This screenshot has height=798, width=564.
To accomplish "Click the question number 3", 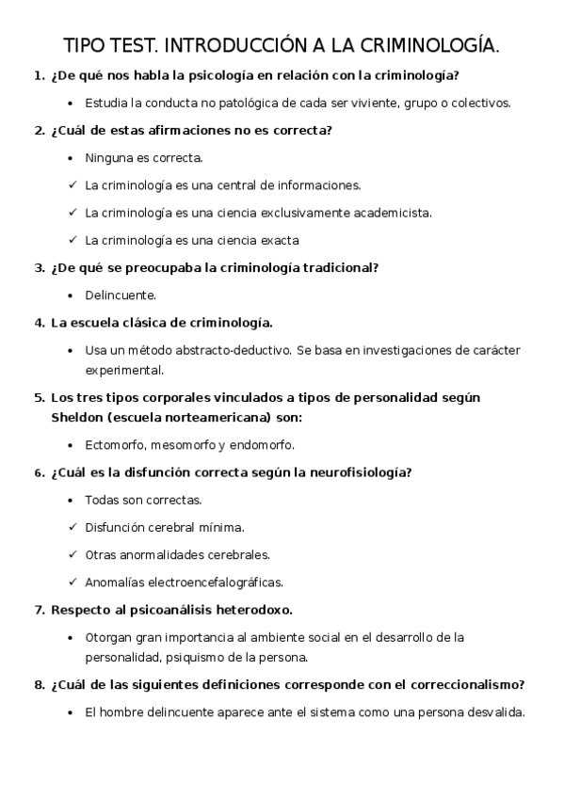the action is click(40, 267).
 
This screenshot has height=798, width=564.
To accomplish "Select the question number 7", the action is click(40, 609).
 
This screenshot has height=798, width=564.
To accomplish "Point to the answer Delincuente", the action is click(121, 295).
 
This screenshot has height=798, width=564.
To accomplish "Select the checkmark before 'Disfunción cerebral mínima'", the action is click(73, 527).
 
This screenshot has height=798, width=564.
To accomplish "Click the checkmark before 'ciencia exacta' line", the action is click(73, 240).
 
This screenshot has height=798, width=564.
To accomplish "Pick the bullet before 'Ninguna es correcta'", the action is click(73, 158).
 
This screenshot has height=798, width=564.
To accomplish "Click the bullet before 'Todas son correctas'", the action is click(73, 500).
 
